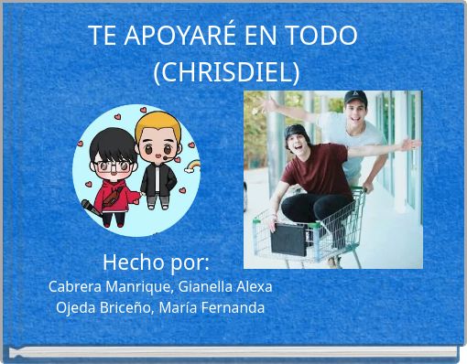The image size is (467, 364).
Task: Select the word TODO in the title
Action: coord(320,36)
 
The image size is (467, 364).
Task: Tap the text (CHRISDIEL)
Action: coord(225,71)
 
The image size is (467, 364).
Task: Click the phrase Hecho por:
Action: coord(156,262)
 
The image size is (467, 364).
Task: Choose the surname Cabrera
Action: coord(76,286)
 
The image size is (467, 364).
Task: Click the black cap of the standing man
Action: coord(355,97)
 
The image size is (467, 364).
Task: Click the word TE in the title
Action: coord(102,36)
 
